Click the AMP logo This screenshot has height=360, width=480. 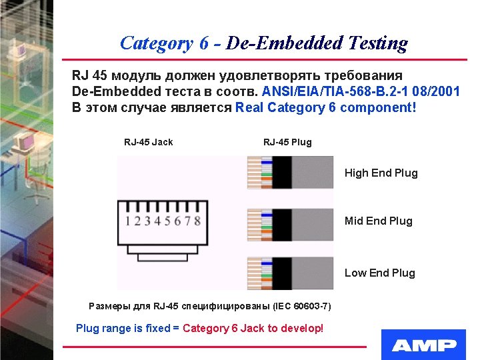click(424, 345)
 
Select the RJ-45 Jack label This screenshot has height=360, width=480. click(148, 142)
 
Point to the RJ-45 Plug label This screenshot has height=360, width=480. click(287, 142)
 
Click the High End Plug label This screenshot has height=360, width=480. click(381, 173)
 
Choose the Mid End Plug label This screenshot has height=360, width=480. click(378, 221)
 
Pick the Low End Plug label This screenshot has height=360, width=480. click(379, 273)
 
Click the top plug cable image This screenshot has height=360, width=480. click(290, 172)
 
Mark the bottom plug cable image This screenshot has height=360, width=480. click(290, 273)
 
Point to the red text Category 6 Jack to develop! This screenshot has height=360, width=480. click(253, 328)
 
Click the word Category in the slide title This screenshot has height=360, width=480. click(157, 43)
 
